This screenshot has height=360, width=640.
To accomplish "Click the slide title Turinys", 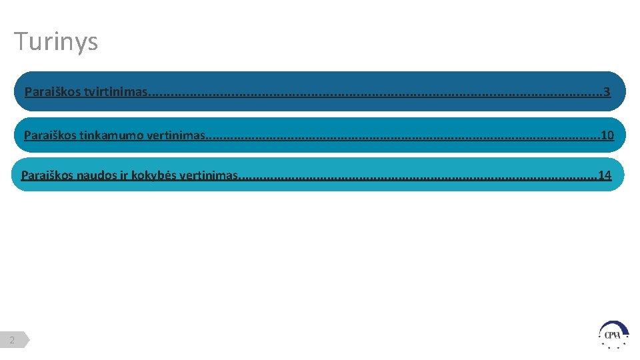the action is coord(56,41).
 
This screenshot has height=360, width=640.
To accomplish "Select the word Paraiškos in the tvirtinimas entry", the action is coord(53,91).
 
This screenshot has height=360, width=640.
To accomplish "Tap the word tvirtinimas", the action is coord(115,91).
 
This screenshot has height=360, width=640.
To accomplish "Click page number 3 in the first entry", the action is coord(606,91).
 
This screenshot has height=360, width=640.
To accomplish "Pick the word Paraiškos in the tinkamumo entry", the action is coord(50,135).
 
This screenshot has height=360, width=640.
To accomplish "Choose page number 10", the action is coord(607,135).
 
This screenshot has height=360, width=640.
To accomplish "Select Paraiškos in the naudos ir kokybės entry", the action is coord(47,175).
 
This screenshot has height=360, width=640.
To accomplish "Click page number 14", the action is coord(605,175).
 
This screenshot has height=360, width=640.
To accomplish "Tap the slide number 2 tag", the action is coord(13,340).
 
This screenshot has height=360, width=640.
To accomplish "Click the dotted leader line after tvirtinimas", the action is coord(373,92).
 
